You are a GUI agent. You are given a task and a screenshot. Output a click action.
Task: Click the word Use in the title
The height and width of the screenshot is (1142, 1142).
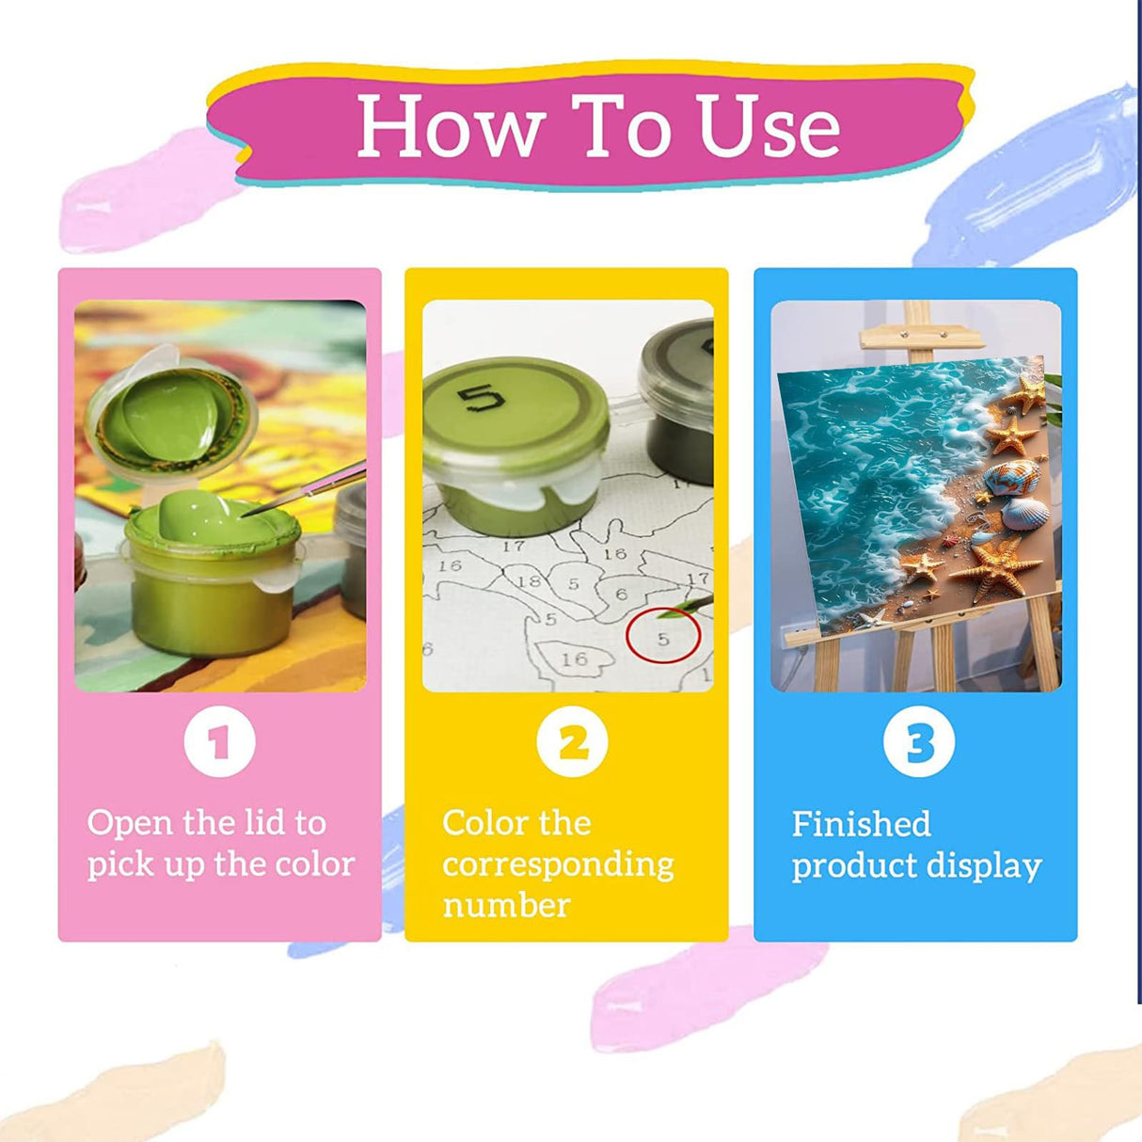point(769,126)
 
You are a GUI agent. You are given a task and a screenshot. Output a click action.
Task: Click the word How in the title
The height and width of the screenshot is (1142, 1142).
point(452,126)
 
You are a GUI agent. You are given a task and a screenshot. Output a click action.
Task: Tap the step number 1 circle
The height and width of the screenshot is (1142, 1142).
point(219,742)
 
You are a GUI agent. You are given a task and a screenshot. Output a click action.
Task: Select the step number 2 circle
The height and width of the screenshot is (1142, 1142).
point(572,742)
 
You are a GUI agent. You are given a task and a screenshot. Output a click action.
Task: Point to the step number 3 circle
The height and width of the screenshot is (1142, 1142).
point(918,742)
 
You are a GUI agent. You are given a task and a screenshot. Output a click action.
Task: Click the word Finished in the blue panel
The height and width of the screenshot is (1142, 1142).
point(861,824)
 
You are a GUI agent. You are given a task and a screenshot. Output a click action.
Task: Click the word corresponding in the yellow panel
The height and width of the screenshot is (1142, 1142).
point(558,867)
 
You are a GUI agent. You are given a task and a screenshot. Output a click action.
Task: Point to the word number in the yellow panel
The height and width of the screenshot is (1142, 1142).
point(506,907)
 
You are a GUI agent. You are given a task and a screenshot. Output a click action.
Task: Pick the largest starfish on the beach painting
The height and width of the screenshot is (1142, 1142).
point(995,569)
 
